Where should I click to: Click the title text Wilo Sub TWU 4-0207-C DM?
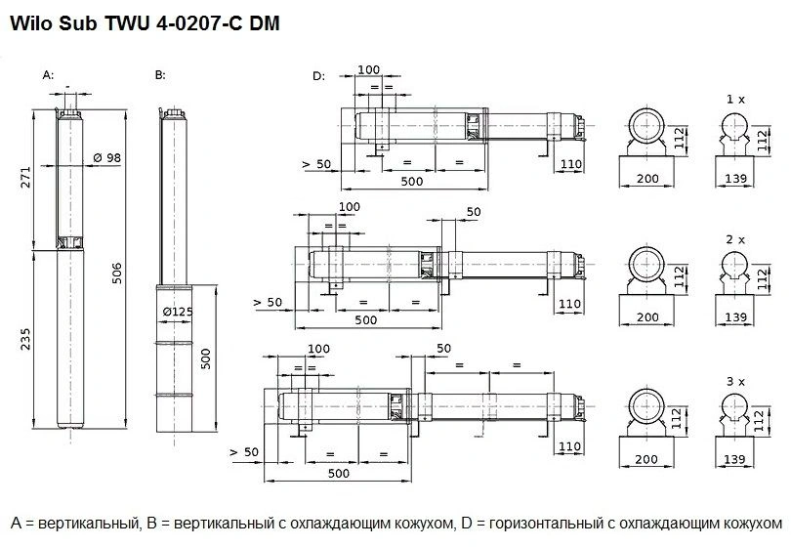[x=145, y=23]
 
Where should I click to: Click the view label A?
[x=49, y=75]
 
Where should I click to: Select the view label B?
[x=160, y=75]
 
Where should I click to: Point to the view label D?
[x=318, y=76]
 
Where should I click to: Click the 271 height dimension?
[x=27, y=176]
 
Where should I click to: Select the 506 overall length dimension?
[x=118, y=271]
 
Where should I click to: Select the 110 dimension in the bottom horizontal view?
[x=571, y=446]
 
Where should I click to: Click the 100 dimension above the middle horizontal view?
[x=348, y=207]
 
